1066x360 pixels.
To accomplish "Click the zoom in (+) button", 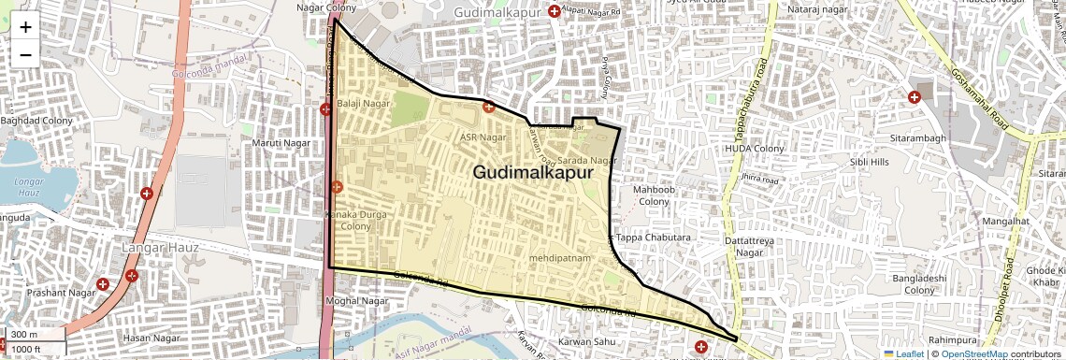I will coord(25,27).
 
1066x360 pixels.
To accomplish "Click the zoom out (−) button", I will coord(25,55).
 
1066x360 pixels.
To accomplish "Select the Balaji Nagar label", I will coord(363,102).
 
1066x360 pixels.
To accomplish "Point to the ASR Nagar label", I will coord(483,137).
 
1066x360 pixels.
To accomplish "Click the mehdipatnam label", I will coord(561,255).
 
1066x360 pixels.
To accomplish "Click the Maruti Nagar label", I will coord(281,142).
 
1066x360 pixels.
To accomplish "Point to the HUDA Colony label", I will coord(755,149).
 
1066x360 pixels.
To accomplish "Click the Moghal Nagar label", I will coord(356,301).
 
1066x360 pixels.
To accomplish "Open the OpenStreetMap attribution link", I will coord(974,353).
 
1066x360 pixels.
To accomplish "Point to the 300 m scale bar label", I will coord(24,335).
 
